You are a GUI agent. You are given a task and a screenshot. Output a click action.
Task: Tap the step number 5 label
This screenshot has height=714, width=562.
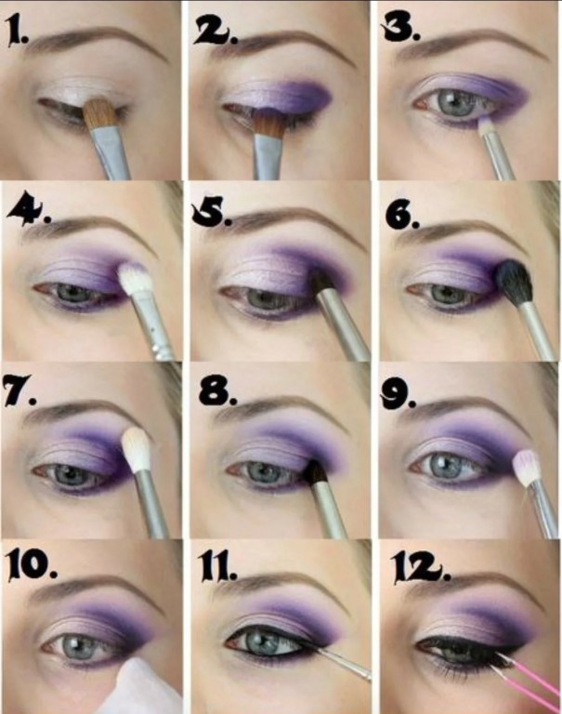(x=212, y=211)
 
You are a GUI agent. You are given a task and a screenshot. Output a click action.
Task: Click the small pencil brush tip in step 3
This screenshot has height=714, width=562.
(x=484, y=123)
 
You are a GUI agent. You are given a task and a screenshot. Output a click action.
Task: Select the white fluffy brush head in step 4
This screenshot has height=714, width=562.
(x=135, y=279)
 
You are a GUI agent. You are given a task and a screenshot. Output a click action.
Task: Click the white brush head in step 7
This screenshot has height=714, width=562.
(x=137, y=450)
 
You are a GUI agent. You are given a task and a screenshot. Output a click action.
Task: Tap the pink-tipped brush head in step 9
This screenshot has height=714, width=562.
(x=526, y=468)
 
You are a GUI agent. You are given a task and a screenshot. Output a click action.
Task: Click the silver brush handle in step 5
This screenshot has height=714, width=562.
(x=344, y=325)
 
